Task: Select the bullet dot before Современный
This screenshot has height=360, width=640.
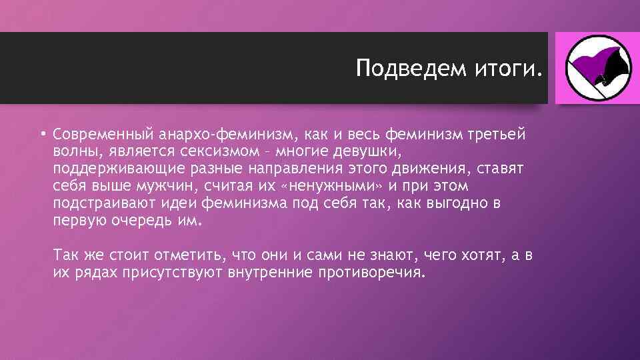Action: coord(41,134)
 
